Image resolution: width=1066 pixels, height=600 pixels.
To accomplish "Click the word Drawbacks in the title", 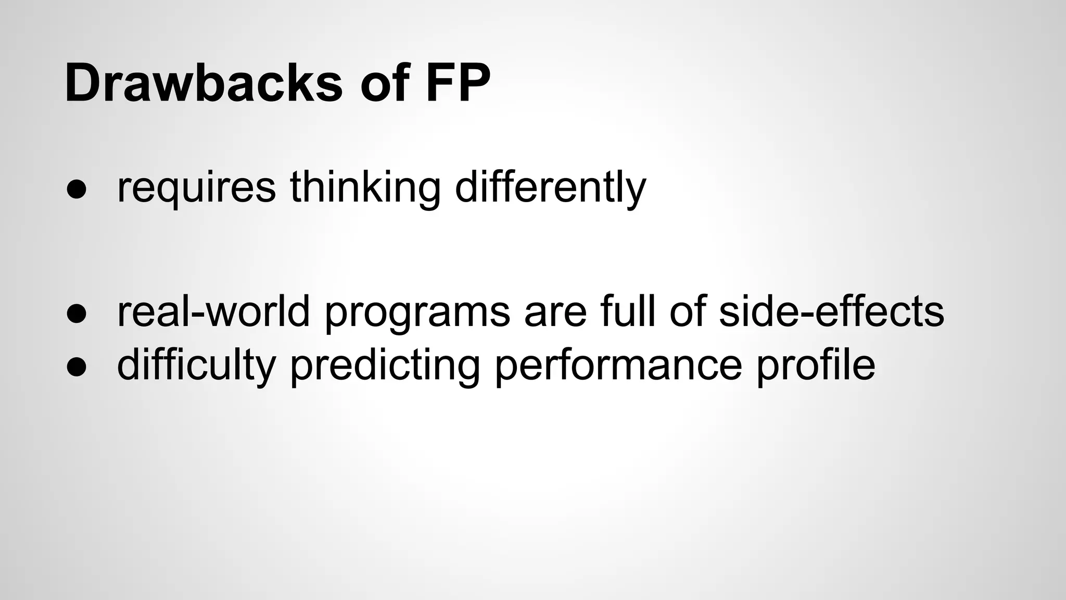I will pyautogui.click(x=204, y=83).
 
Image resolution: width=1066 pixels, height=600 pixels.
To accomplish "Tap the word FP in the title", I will pyautogui.click(x=458, y=83).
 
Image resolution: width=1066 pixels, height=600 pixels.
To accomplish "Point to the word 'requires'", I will pyautogui.click(x=196, y=189).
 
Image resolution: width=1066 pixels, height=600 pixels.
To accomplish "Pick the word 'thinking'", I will pyautogui.click(x=365, y=189).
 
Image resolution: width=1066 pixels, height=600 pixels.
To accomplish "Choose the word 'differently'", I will pyautogui.click(x=550, y=189).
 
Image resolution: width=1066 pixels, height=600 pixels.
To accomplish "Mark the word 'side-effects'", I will pyautogui.click(x=831, y=311).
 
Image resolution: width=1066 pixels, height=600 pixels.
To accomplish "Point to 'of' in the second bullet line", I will pyautogui.click(x=687, y=311).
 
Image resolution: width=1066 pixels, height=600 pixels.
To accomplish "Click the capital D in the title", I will pyautogui.click(x=83, y=83).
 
